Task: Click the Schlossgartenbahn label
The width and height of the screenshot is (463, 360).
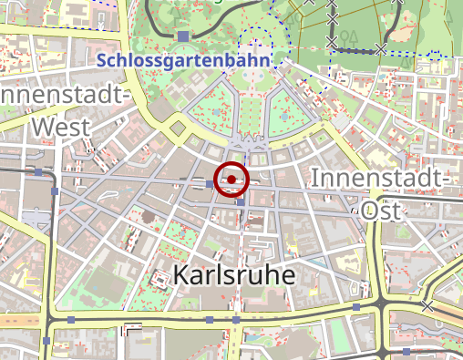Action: coord(184,61)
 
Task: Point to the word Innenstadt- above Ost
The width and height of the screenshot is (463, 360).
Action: coord(381,179)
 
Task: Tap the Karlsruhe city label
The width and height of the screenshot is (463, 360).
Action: coord(234,275)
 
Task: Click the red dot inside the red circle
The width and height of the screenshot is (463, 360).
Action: coord(231,180)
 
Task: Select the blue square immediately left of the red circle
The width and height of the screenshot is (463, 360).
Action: coord(210,184)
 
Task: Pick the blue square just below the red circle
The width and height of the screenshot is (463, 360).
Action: coord(240,201)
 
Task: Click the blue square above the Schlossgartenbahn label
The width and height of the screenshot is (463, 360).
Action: coord(183,36)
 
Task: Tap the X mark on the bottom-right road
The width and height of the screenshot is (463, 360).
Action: coord(427,306)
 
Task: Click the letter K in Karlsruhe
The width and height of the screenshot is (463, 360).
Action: coord(180,275)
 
